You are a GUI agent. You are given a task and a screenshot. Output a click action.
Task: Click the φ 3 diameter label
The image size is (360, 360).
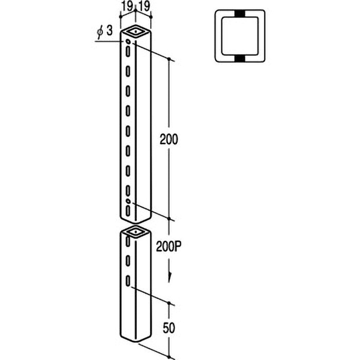104,31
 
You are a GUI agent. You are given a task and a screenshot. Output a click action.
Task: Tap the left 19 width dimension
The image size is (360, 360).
127,7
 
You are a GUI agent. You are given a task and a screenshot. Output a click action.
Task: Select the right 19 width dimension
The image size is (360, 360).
144,7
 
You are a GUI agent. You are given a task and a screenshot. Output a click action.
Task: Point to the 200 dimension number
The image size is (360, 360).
169,139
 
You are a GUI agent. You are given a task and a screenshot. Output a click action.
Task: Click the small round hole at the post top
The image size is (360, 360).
128,42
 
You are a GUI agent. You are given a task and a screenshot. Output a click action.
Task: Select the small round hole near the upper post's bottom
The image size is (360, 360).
128,200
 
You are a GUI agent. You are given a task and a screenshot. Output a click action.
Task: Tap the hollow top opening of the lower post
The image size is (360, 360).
135,233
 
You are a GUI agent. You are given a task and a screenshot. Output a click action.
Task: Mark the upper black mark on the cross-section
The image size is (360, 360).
239,14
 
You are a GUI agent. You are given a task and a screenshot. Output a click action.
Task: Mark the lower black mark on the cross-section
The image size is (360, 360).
239,59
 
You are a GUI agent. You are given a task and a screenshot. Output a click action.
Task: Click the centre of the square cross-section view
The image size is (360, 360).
239,36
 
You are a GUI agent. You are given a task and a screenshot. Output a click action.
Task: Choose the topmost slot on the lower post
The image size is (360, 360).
128,241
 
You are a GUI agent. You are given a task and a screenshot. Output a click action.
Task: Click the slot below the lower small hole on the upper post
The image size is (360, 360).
128,210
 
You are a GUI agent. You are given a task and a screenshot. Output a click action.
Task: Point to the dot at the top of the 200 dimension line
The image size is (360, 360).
169,59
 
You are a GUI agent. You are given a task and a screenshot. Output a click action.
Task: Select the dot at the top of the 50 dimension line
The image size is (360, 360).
170,303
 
